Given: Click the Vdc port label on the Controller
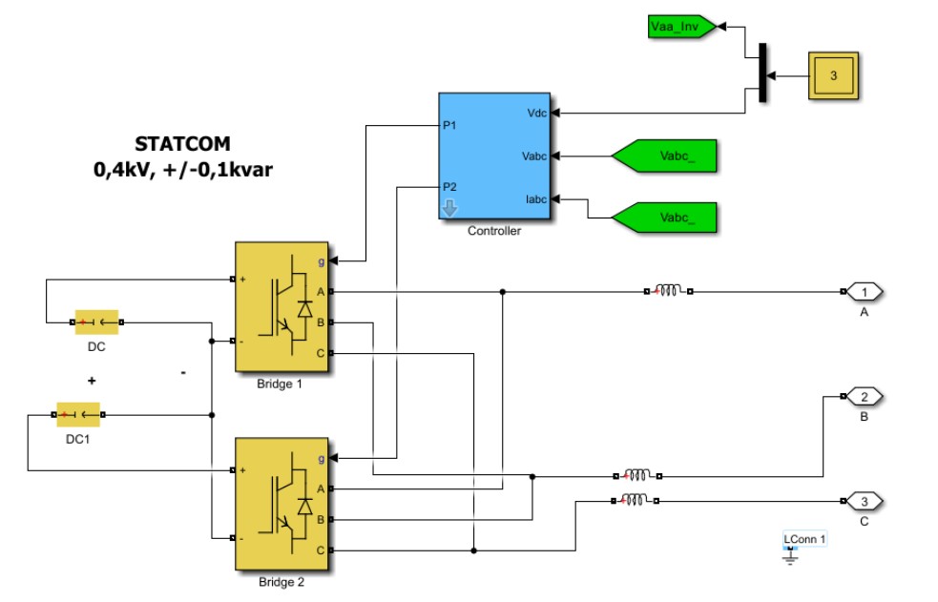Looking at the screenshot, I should point(536,113).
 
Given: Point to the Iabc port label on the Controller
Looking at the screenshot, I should point(535,200).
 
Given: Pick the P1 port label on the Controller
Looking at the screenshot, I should point(449,125).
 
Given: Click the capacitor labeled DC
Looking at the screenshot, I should point(96,322).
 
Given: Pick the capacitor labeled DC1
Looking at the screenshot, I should point(78,415).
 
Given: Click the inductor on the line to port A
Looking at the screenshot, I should point(668,290).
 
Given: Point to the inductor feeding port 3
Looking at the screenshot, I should point(635,499).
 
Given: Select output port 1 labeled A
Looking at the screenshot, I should point(866,291).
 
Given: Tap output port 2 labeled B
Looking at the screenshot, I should point(865,397).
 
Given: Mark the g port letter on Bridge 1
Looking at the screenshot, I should point(321,260).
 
